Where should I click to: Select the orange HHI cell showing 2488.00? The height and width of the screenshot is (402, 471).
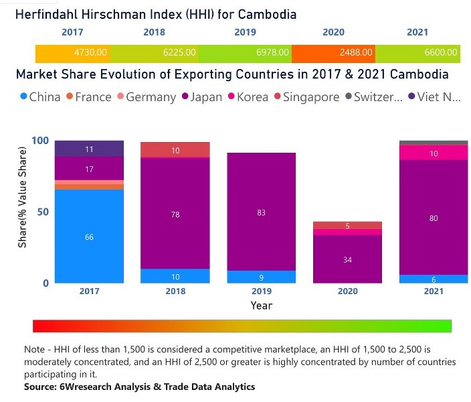pyautogui.click(x=333, y=52)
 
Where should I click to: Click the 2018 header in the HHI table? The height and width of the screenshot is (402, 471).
pyautogui.click(x=155, y=32)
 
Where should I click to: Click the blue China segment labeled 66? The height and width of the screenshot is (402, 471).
pyautogui.click(x=89, y=237)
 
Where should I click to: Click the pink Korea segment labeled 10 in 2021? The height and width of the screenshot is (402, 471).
pyautogui.click(x=433, y=153)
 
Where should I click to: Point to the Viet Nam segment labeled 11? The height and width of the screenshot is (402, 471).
pyautogui.click(x=89, y=149)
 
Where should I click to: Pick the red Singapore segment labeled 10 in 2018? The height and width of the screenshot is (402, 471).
pyautogui.click(x=175, y=150)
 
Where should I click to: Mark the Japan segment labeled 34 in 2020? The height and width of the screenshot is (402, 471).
pyautogui.click(x=348, y=259)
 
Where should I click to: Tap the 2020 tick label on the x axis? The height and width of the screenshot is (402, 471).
pyautogui.click(x=348, y=291)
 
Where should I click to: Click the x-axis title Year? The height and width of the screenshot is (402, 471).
pyautogui.click(x=261, y=306)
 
